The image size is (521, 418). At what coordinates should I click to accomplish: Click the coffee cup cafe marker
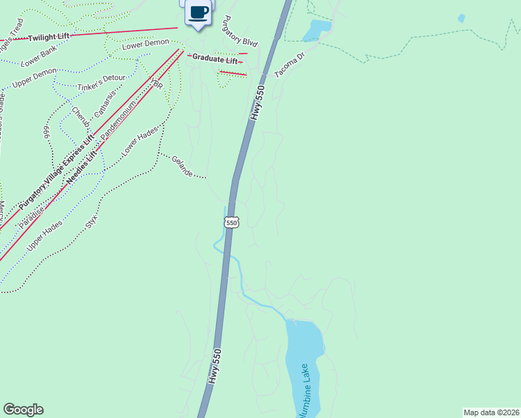pos(199,13)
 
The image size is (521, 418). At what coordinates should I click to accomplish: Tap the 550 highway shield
pos(232,222)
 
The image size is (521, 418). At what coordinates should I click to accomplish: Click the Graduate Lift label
pos(215,57)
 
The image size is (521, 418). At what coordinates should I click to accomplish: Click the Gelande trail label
pos(181,166)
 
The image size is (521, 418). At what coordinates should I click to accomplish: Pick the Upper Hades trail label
pos(45,235)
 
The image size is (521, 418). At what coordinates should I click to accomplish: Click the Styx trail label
pos(91,222)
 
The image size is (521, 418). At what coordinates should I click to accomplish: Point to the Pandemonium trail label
pos(120,123)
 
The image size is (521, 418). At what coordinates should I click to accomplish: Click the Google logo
pos(23,410)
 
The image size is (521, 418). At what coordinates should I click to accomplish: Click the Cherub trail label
pos(80,116)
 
